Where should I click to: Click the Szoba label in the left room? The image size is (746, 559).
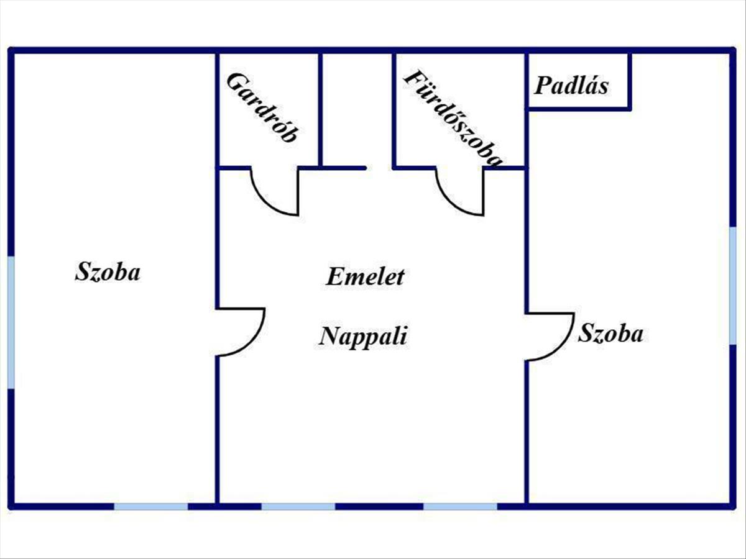(108, 272)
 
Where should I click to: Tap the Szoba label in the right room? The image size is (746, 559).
(610, 334)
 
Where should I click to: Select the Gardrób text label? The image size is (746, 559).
(262, 107)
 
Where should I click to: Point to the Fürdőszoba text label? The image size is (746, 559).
(453, 118)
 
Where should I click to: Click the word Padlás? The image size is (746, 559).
(571, 85)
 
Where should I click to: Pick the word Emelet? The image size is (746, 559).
(365, 276)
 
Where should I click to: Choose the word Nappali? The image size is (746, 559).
(364, 337)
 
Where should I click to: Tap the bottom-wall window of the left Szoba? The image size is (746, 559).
(151, 506)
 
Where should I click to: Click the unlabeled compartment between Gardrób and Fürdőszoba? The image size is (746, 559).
(357, 109)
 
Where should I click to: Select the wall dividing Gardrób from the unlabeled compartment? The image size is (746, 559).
(320, 109)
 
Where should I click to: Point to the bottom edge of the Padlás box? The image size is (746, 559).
(579, 109)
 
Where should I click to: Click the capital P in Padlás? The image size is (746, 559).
(541, 85)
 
